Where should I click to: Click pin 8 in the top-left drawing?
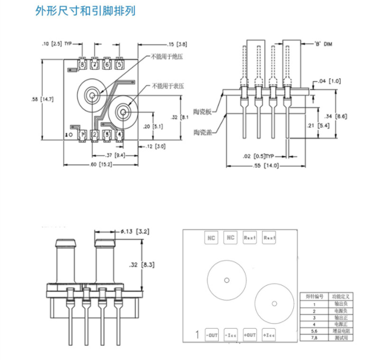pyautogui.click(x=82, y=65)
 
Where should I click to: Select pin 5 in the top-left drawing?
pyautogui.click(x=119, y=65)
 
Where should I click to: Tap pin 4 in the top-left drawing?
pyautogui.click(x=119, y=135)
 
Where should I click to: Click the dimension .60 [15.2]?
pyautogui.click(x=98, y=165)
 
